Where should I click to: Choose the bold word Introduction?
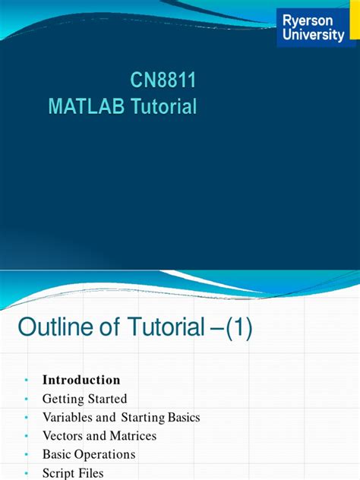pos(81,380)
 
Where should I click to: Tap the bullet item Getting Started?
pos(84,398)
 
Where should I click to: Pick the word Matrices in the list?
pos(130,436)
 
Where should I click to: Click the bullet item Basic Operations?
pos(89,454)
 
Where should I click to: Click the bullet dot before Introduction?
pos(26,381)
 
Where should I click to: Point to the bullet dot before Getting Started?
pos(26,399)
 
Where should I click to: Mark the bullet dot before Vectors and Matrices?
pos(26,437)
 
